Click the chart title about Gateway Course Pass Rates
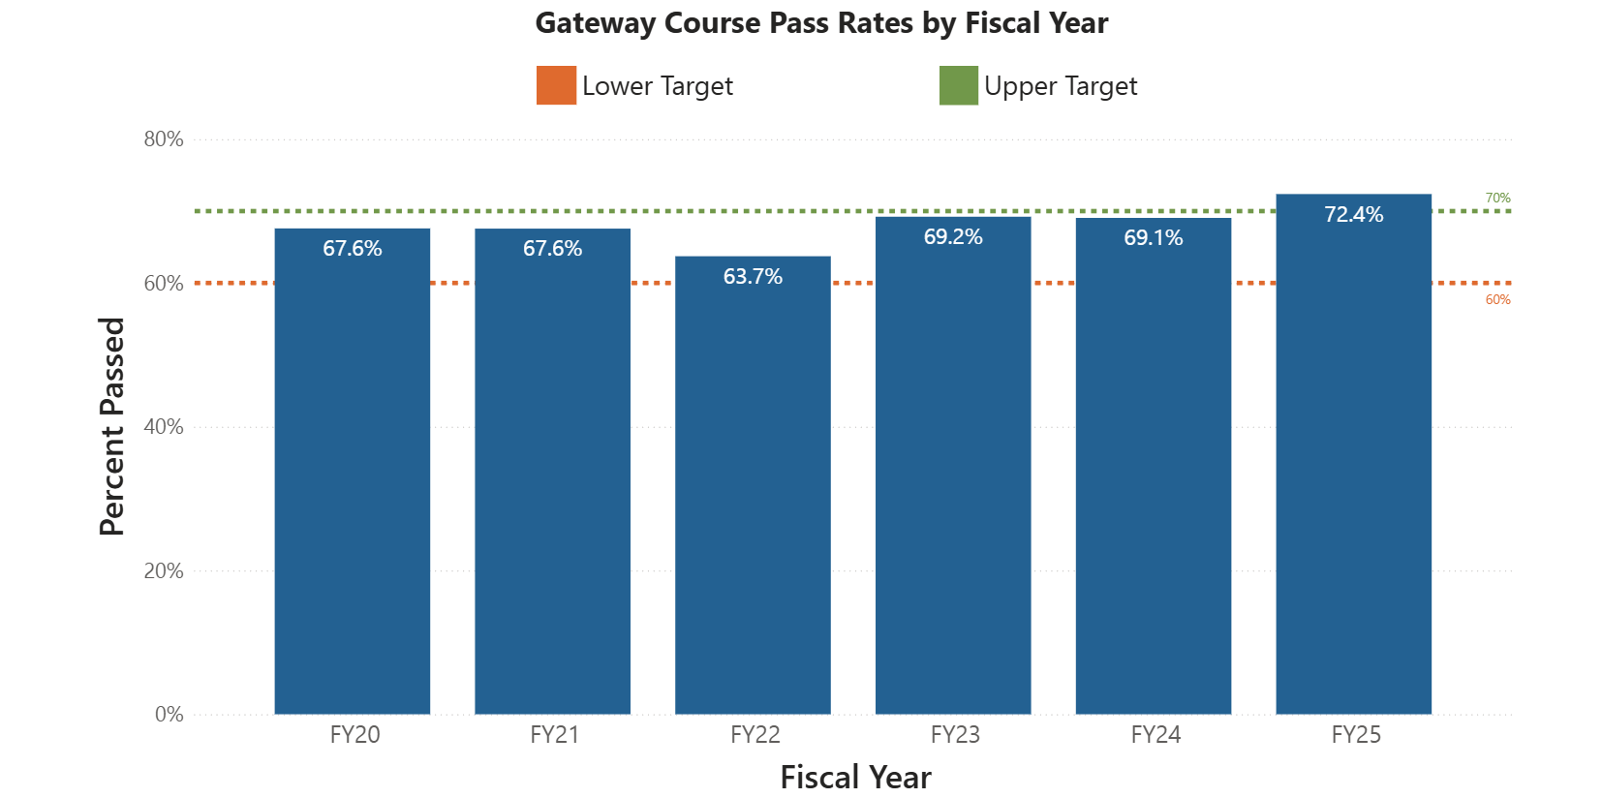point(821,23)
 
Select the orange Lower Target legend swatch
point(556,85)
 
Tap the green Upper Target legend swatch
point(958,85)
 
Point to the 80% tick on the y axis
point(164,139)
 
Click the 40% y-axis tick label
point(164,427)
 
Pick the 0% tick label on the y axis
point(169,715)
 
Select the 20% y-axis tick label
point(164,571)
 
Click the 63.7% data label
point(753,277)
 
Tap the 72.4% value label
point(1353,215)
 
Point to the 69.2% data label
point(953,237)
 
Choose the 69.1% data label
point(1153,238)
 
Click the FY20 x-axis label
point(354,735)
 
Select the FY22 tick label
point(755,735)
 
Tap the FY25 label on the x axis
point(1356,735)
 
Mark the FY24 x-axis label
point(1155,735)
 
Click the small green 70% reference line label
point(1497,199)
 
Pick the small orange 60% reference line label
point(1497,300)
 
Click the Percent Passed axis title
point(112,426)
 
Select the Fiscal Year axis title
point(855,778)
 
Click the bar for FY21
point(552,484)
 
